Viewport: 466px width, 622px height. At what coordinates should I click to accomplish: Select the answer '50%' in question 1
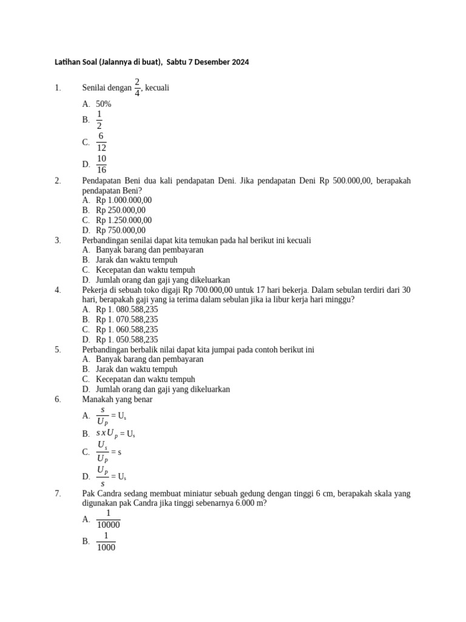pyautogui.click(x=104, y=104)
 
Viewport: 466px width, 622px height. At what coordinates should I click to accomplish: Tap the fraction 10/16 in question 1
pyautogui.click(x=101, y=164)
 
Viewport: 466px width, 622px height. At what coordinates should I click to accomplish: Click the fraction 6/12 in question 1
pyautogui.click(x=101, y=142)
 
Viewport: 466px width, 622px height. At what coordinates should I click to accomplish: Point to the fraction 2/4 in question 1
pyautogui.click(x=137, y=87)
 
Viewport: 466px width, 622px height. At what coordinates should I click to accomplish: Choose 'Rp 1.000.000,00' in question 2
pyautogui.click(x=124, y=200)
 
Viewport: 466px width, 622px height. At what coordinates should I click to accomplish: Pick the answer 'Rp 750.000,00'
pyautogui.click(x=121, y=230)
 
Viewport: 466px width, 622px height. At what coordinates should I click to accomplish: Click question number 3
pyautogui.click(x=58, y=240)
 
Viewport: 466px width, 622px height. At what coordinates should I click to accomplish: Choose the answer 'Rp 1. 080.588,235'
pyautogui.click(x=127, y=310)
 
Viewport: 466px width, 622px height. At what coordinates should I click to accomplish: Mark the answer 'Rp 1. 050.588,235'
pyautogui.click(x=127, y=340)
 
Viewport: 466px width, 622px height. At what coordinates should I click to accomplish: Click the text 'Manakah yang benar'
pyautogui.click(x=117, y=399)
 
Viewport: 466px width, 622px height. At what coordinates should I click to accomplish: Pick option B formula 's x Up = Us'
pyautogui.click(x=115, y=434)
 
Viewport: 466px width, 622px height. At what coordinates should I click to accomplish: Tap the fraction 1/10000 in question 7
pyautogui.click(x=109, y=519)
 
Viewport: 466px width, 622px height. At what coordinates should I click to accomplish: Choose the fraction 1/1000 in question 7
pyautogui.click(x=106, y=541)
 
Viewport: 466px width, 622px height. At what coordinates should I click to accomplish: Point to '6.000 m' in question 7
pyautogui.click(x=251, y=504)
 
